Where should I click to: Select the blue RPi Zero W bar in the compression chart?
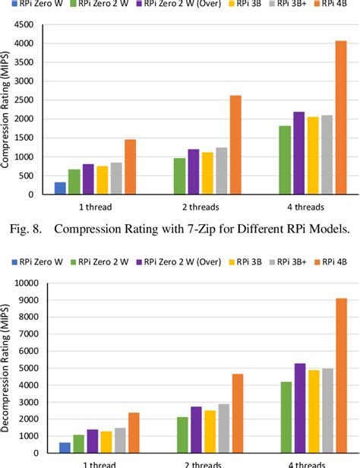click(60, 188)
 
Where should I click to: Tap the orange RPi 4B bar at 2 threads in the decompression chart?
click(237, 417)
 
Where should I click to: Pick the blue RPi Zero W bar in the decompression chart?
click(65, 454)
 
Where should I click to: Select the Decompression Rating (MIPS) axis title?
click(7, 372)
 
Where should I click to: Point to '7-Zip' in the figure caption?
click(210, 226)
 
